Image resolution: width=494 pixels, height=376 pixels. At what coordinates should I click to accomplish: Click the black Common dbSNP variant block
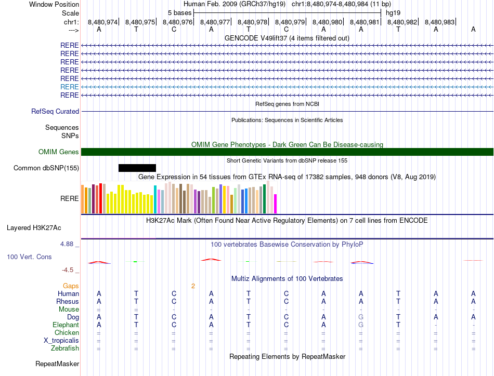click(137, 168)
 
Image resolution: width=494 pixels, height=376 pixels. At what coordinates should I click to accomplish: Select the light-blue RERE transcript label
click(69, 87)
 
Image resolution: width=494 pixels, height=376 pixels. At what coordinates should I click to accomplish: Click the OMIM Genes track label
click(59, 152)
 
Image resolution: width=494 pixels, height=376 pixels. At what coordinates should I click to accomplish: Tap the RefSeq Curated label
click(55, 111)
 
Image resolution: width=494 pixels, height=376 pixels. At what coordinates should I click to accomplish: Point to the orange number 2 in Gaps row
click(193, 286)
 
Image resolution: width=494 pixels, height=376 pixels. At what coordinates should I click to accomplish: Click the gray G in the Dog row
click(361, 317)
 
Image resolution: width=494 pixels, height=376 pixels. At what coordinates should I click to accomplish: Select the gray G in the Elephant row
click(361, 325)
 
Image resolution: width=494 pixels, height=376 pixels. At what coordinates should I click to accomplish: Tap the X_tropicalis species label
click(61, 340)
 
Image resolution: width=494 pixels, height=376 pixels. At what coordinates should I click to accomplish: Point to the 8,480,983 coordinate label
click(439, 22)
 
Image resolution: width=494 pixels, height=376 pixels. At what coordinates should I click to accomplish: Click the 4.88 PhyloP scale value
click(69, 244)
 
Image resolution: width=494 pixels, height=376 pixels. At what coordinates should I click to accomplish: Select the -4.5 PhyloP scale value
click(70, 270)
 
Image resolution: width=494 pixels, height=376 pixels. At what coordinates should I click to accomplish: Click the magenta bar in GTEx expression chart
click(276, 204)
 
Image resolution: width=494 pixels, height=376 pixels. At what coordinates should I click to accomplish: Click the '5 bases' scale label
click(179, 12)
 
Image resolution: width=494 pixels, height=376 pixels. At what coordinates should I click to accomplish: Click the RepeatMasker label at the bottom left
click(57, 364)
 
